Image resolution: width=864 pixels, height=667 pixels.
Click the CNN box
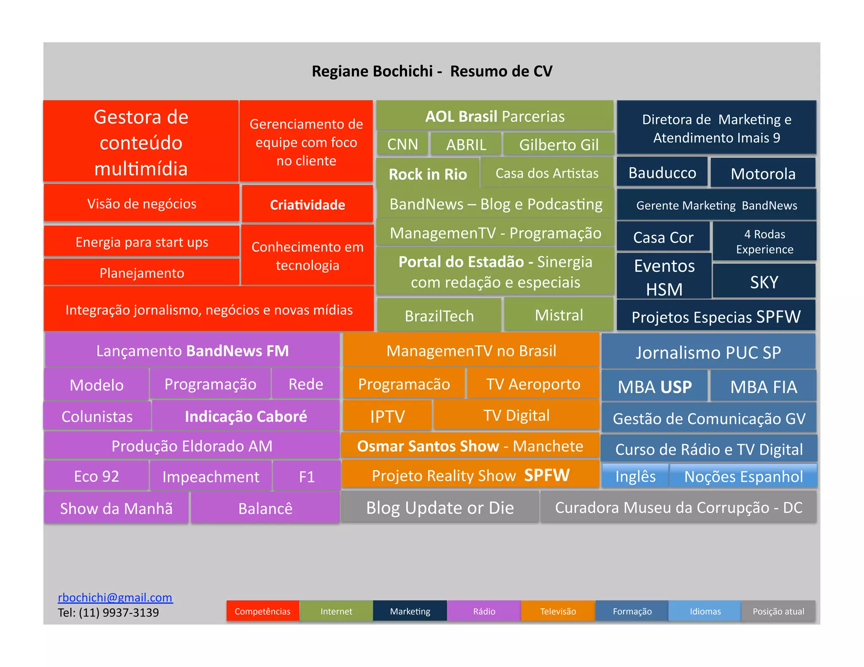(402, 145)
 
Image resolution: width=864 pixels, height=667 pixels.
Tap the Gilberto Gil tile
(559, 145)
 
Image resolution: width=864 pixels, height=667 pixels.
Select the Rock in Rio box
(428, 173)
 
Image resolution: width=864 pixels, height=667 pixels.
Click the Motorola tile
(763, 173)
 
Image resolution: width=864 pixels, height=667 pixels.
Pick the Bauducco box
(662, 172)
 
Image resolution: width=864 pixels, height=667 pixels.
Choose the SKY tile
(764, 282)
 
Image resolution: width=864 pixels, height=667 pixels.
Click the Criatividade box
(307, 204)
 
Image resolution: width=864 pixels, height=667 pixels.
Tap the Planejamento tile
(142, 273)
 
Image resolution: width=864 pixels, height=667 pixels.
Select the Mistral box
(559, 315)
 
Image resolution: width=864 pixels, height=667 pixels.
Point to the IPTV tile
(387, 416)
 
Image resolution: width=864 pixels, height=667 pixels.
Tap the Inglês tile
(635, 476)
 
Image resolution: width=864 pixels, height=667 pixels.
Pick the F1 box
(307, 476)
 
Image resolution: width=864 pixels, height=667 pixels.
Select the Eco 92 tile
(97, 476)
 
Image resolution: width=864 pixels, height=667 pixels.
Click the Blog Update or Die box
(440, 508)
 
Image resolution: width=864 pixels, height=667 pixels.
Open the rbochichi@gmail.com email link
(115, 597)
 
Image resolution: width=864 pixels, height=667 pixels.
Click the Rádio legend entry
(484, 611)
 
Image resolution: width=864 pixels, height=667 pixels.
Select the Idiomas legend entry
(705, 611)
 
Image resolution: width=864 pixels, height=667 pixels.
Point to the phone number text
(108, 613)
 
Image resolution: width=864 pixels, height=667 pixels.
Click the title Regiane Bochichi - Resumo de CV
(432, 71)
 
